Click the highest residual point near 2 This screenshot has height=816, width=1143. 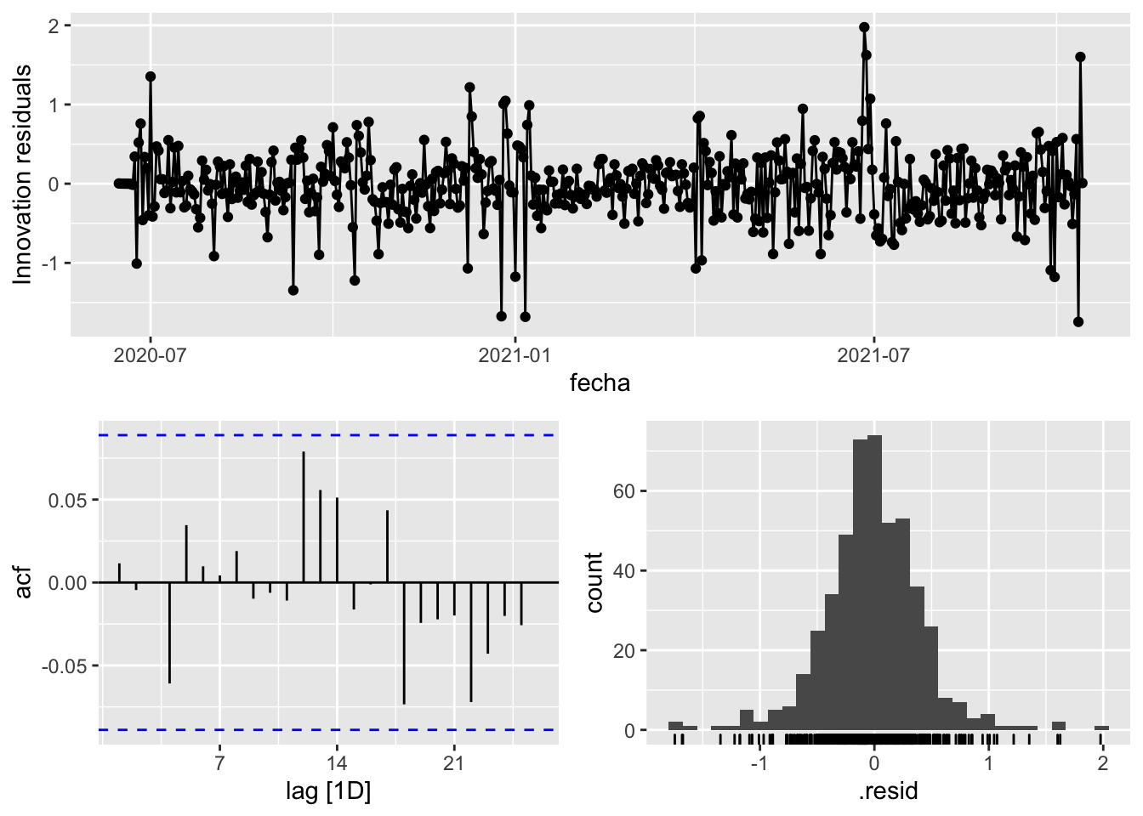coord(864,27)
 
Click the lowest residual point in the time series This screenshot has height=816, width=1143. coord(1078,322)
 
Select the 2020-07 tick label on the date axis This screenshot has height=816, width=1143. coord(150,355)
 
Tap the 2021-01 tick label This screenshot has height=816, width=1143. coord(515,355)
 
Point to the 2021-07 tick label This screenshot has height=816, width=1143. coord(873,355)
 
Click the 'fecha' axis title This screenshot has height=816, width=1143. coord(600,383)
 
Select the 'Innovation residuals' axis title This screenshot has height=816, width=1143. coord(23,174)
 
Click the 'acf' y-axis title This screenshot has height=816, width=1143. coord(24,582)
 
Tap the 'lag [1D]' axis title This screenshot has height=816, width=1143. coord(328,792)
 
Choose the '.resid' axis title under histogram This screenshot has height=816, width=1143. coord(888,792)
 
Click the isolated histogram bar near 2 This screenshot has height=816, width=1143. coord(1102,728)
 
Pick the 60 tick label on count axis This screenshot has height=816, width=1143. coord(623,491)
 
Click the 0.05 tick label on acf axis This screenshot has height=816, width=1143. coord(67,500)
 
